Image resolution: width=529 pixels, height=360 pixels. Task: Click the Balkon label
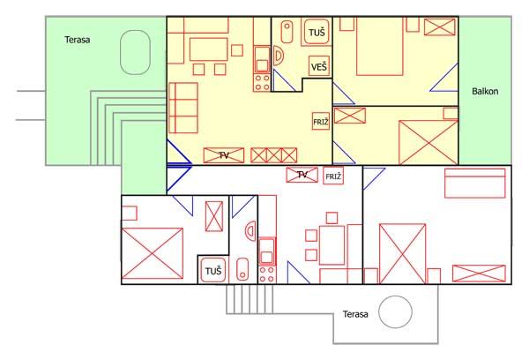point(485,90)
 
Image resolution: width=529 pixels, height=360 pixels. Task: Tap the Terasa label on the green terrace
point(78,39)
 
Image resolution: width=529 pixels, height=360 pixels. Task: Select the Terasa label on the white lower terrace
point(355,313)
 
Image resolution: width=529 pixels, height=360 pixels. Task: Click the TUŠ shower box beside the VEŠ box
point(317,34)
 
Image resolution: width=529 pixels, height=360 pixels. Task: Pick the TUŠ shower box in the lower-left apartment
point(212,270)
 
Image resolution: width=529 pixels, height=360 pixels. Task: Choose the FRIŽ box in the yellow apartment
point(321,122)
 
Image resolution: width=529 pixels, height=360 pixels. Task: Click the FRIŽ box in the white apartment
point(333,176)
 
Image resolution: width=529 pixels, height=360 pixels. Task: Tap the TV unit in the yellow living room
point(224,155)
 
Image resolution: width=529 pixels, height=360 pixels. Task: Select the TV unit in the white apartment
point(302,175)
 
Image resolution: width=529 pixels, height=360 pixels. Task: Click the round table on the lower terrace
point(395,312)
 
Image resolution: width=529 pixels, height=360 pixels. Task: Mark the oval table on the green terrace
point(134,53)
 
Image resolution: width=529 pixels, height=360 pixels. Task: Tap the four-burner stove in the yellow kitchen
point(261,83)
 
